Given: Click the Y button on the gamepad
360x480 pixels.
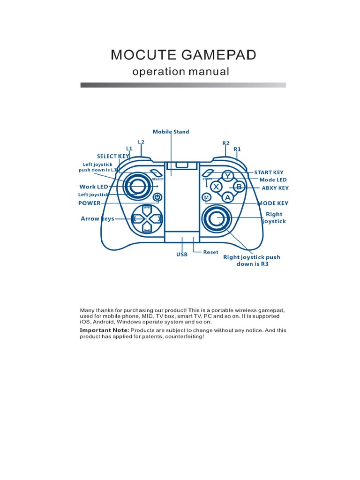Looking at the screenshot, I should [x=228, y=176].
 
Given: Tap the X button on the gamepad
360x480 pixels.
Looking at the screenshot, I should [x=216, y=187].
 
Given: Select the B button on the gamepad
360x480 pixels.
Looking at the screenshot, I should [x=239, y=187].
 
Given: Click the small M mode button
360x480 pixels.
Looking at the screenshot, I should [x=206, y=198].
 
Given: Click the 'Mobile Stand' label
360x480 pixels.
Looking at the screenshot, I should [x=171, y=132].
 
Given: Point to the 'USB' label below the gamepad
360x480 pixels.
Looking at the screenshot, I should [x=182, y=255].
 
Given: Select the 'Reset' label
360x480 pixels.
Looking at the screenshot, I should [x=210, y=252].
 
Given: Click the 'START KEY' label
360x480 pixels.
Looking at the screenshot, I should [x=269, y=172].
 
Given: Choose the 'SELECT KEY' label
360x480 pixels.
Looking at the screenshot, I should [x=113, y=156].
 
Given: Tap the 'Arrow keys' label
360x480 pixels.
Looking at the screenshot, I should [x=97, y=219].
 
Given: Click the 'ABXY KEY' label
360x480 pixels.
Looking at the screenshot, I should [x=275, y=188].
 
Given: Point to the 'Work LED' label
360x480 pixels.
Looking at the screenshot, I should [x=94, y=187].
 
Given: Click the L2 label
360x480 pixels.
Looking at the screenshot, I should [x=141, y=142].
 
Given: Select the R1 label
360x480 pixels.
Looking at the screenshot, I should [x=237, y=149].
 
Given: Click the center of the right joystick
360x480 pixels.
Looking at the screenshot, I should [x=217, y=218].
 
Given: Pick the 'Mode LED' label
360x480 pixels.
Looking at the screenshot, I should [x=273, y=180].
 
